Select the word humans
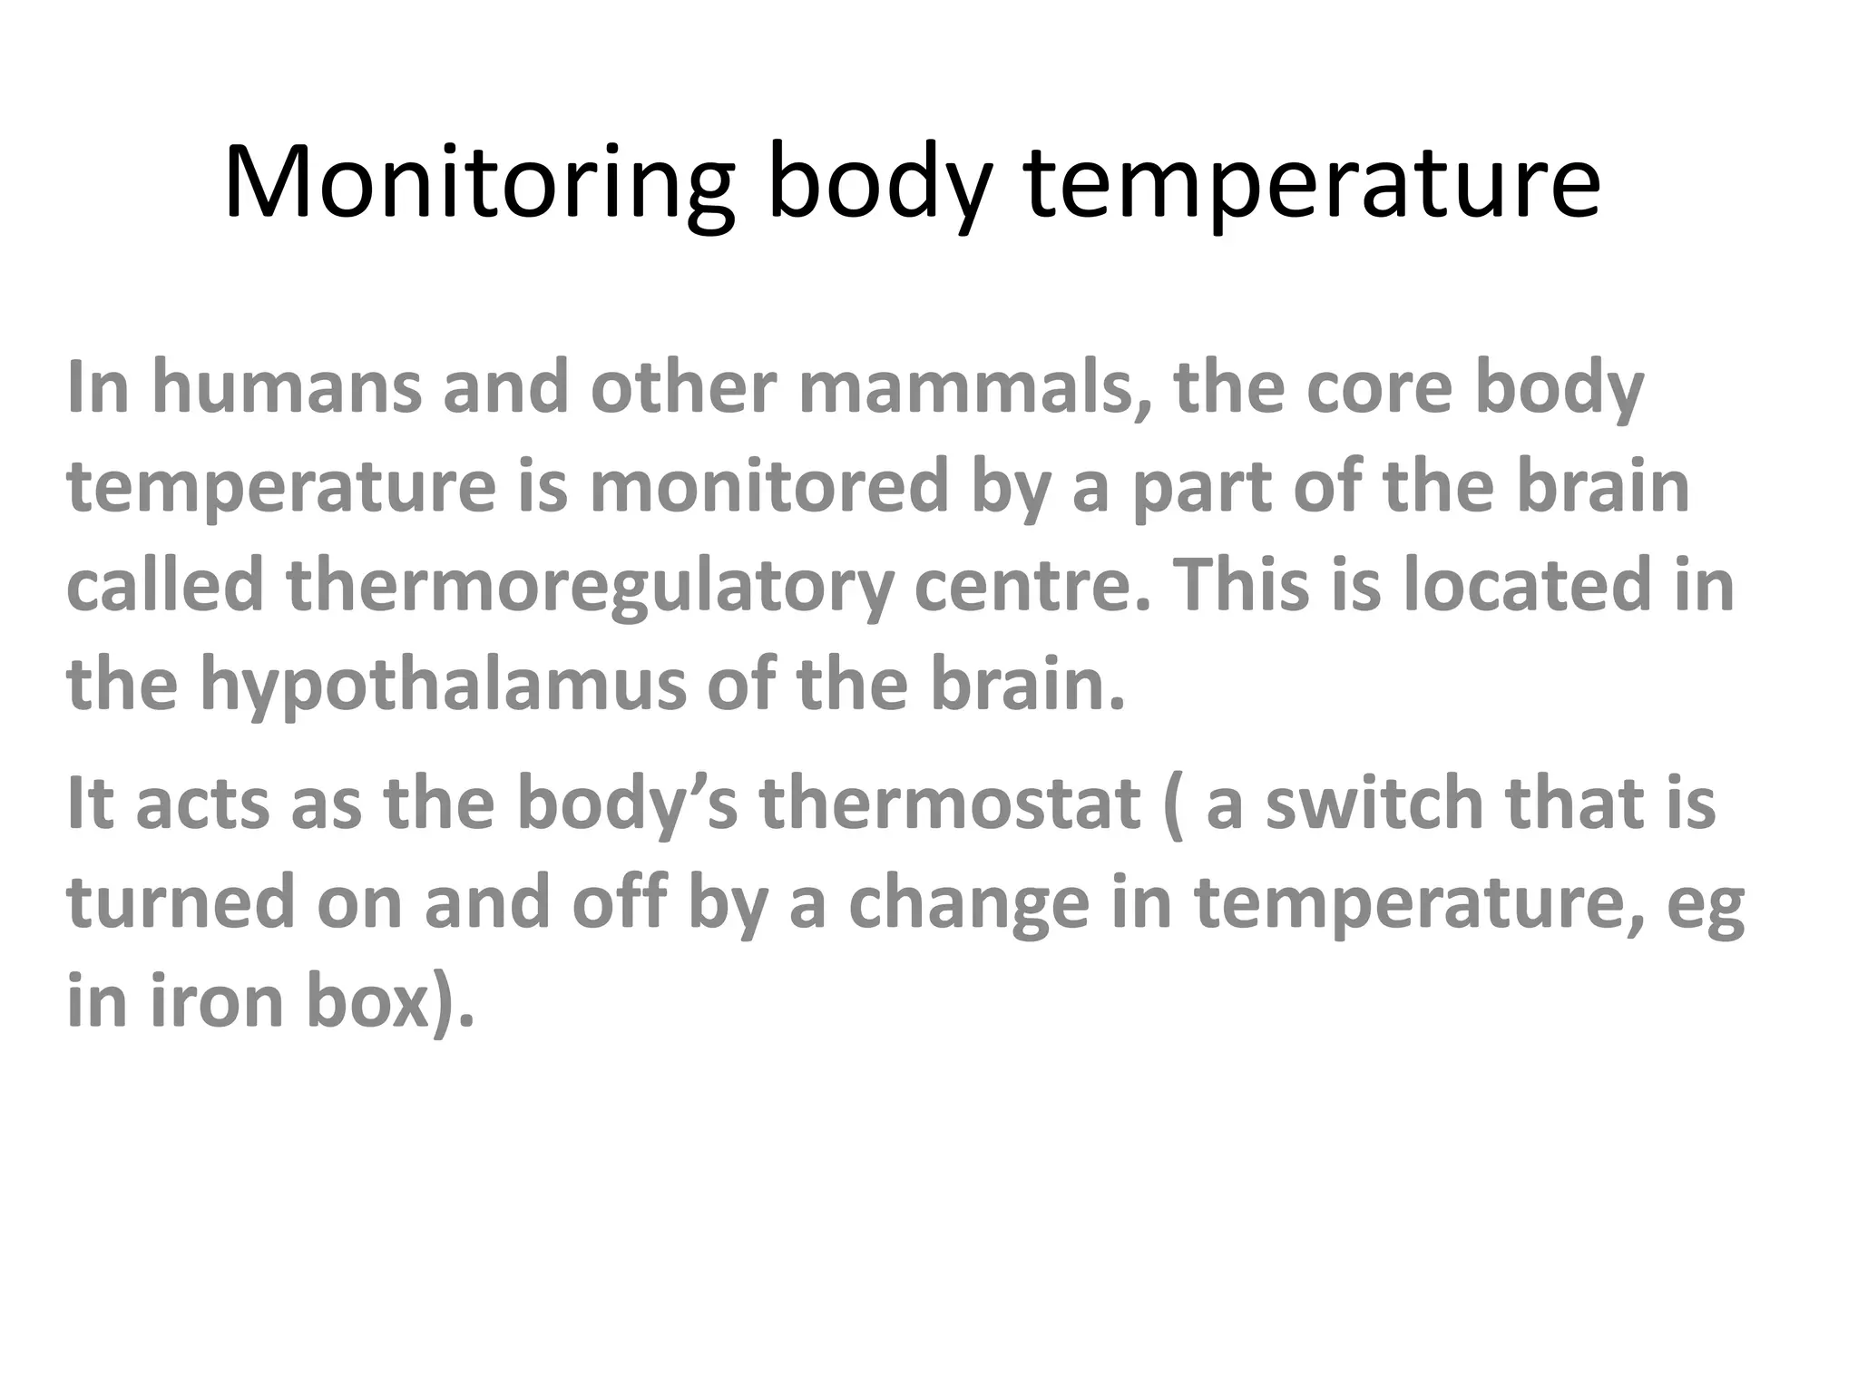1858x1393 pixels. coord(286,388)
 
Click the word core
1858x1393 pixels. coord(1380,388)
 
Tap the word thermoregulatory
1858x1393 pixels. coord(590,587)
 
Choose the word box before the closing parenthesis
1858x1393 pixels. coord(367,1002)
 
